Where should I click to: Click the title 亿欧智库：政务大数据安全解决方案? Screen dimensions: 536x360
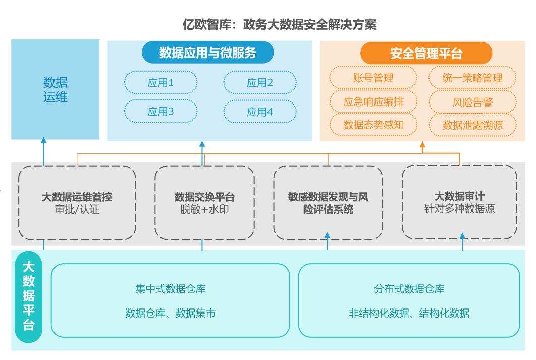click(x=280, y=25)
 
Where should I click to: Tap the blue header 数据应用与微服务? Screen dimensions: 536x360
click(x=208, y=53)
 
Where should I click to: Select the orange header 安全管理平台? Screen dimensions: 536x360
click(x=426, y=54)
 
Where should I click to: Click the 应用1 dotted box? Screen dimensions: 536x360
click(x=160, y=83)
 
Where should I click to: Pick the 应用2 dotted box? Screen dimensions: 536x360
click(x=260, y=83)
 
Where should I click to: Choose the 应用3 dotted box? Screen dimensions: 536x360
click(x=160, y=112)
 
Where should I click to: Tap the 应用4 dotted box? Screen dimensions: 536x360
click(x=260, y=112)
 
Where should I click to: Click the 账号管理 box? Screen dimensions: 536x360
click(x=373, y=78)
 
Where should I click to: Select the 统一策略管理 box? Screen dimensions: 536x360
click(x=472, y=78)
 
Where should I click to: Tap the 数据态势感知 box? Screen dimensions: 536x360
click(x=373, y=125)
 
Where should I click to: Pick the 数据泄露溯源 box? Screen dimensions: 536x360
click(x=472, y=125)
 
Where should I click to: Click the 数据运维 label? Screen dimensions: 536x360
click(x=56, y=89)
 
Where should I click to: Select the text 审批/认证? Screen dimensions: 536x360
click(x=77, y=209)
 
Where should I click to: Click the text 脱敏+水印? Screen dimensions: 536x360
click(x=204, y=209)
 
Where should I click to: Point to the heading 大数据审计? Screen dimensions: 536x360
click(x=459, y=196)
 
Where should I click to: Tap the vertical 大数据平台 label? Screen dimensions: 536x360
click(x=29, y=296)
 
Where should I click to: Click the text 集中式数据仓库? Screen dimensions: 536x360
click(x=170, y=289)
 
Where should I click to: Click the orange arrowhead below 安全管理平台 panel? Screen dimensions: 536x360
click(x=422, y=145)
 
